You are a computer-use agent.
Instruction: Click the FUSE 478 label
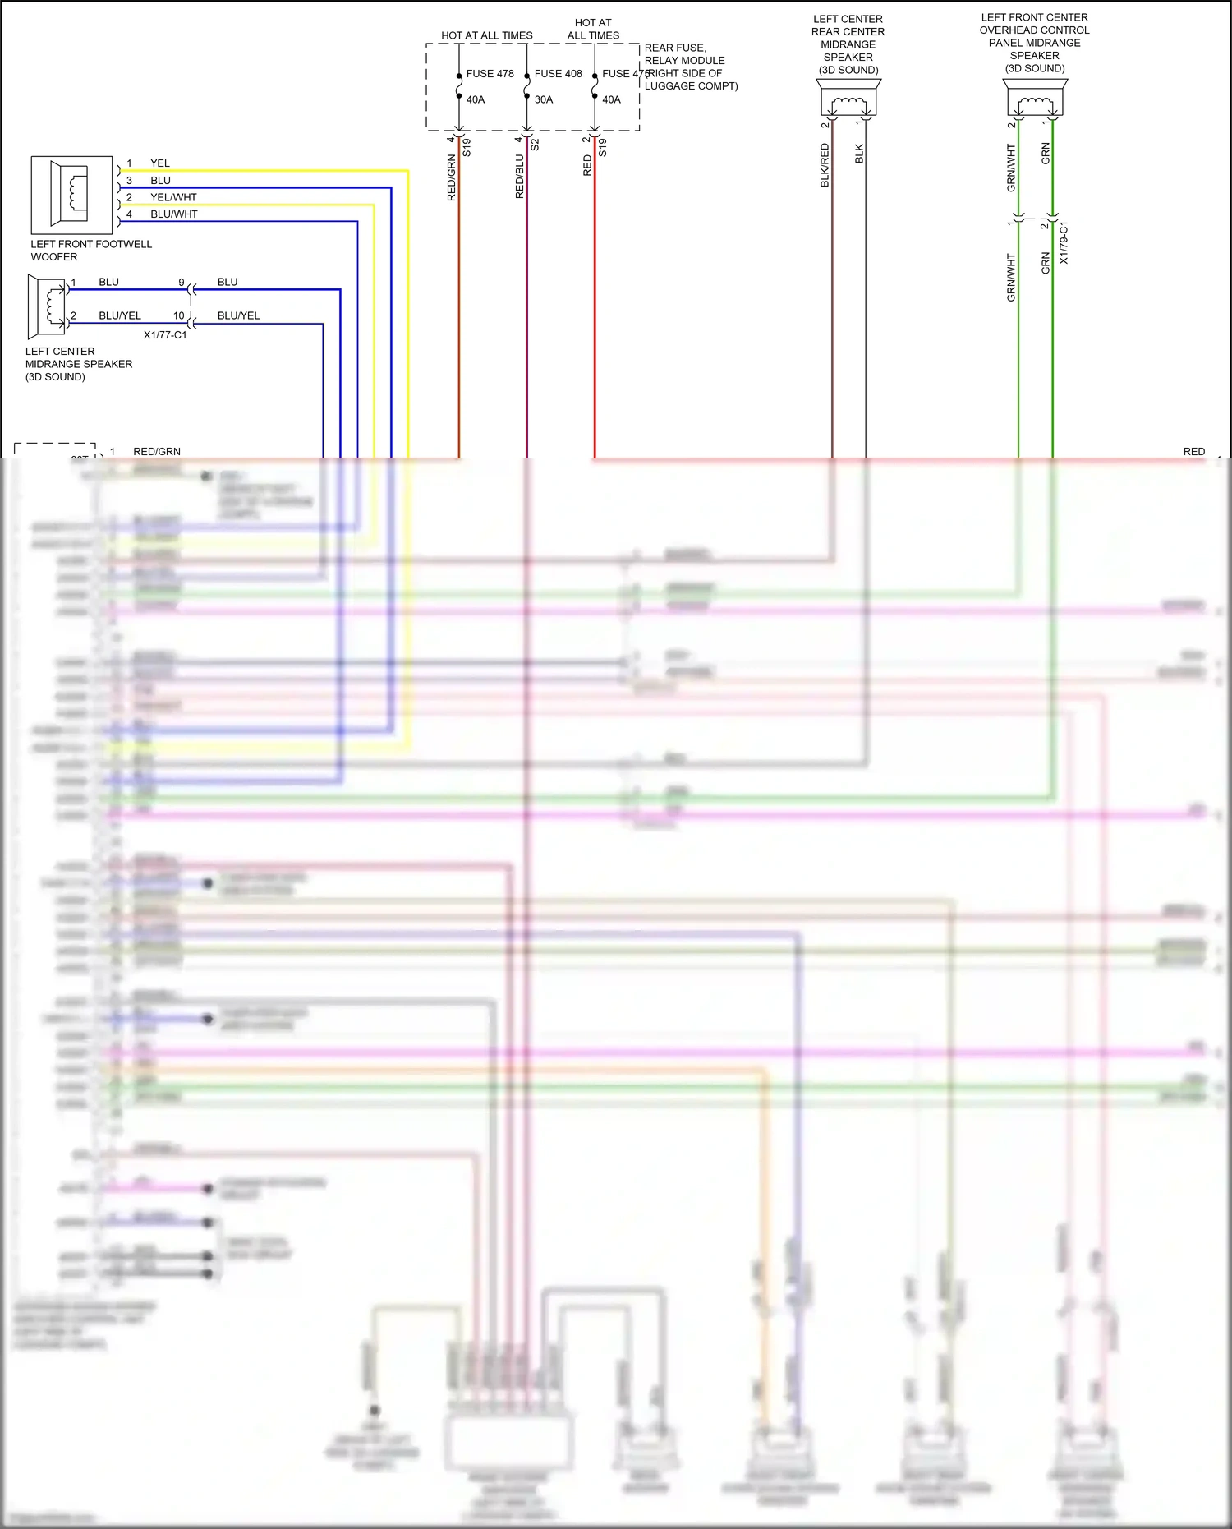[490, 74]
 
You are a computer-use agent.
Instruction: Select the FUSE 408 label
[558, 74]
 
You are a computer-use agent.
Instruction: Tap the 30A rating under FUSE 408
[544, 99]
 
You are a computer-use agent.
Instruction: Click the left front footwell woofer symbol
[71, 195]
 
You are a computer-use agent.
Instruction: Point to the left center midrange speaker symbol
[48, 306]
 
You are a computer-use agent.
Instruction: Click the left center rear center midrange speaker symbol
[848, 99]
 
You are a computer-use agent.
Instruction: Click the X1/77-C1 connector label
[165, 335]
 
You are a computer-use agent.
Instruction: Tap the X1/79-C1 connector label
[1064, 242]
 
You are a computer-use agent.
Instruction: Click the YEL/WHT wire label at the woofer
[173, 197]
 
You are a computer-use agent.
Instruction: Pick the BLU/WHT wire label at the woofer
[173, 214]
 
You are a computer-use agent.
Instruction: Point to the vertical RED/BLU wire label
[519, 177]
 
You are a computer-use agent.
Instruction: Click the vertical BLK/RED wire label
[825, 165]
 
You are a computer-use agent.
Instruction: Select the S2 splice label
[535, 145]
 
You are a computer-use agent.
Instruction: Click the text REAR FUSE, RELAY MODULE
[684, 54]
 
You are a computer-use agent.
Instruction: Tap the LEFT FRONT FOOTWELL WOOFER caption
[91, 251]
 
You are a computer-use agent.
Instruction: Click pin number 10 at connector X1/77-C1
[178, 315]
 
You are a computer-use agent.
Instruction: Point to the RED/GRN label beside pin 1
[157, 452]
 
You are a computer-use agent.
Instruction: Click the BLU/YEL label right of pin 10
[238, 315]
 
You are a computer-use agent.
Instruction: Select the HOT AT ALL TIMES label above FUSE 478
[486, 35]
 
